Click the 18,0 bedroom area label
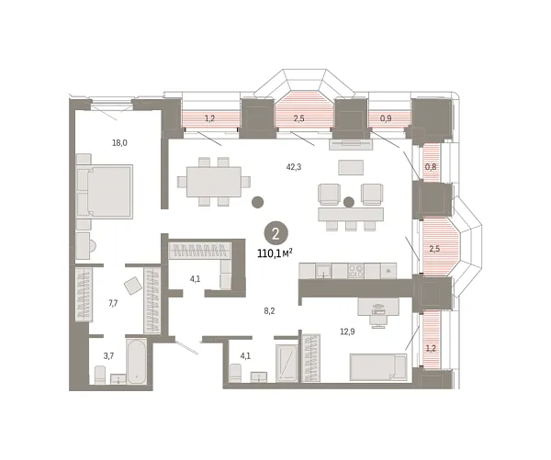coord(119,143)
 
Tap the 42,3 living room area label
coord(294,167)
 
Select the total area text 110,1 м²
coord(275,253)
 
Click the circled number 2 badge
coord(275,233)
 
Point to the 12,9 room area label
coord(347,331)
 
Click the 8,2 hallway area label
coord(269,310)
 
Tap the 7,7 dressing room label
coord(113,303)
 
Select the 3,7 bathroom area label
coord(108,356)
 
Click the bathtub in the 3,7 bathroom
coord(136,361)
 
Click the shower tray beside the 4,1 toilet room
coord(287,363)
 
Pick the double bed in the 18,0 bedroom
coord(105,192)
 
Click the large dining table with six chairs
coord(214,182)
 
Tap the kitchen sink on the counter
coord(323,271)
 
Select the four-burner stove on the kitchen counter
coord(355,271)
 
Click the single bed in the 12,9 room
coord(378,367)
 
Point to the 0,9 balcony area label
coord(386,118)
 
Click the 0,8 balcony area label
coord(431,167)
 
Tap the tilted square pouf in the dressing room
coord(133,286)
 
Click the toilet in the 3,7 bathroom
coord(100,375)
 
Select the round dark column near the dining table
coord(257,202)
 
